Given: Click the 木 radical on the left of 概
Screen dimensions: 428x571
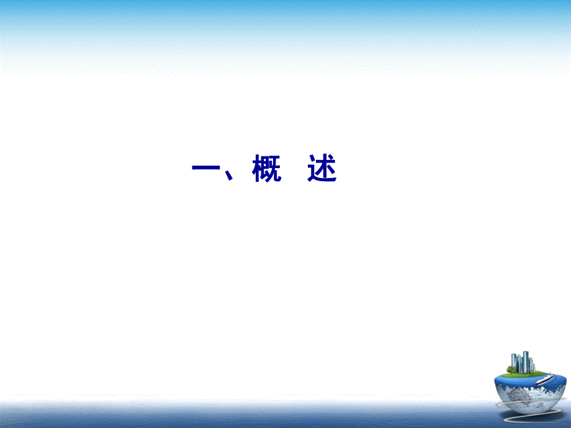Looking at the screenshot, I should (x=257, y=169).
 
